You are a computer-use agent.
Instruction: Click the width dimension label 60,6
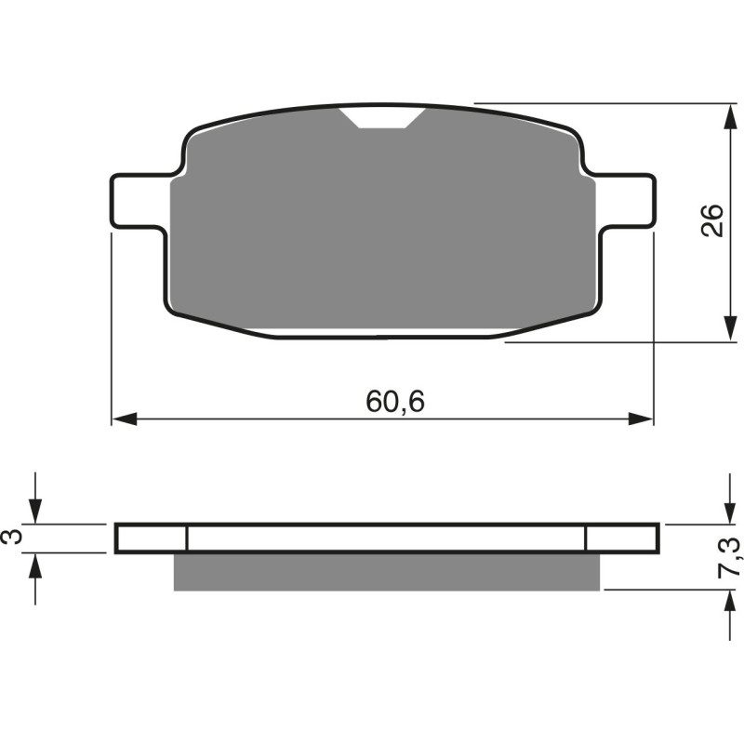click(x=388, y=402)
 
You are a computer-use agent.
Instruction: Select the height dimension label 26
click(x=711, y=221)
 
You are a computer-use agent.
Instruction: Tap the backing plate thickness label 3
click(x=12, y=538)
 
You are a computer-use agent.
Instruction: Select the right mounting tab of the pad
click(x=625, y=199)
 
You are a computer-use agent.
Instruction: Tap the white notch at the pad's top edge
click(x=383, y=117)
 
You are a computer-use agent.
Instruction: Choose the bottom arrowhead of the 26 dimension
click(x=725, y=331)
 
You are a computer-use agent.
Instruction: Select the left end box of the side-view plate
click(x=152, y=538)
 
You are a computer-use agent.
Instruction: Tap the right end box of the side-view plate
click(x=622, y=538)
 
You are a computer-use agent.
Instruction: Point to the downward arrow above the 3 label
click(x=35, y=510)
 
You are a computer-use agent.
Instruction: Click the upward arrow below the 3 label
click(x=35, y=565)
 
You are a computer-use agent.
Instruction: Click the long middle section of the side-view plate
click(x=386, y=538)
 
